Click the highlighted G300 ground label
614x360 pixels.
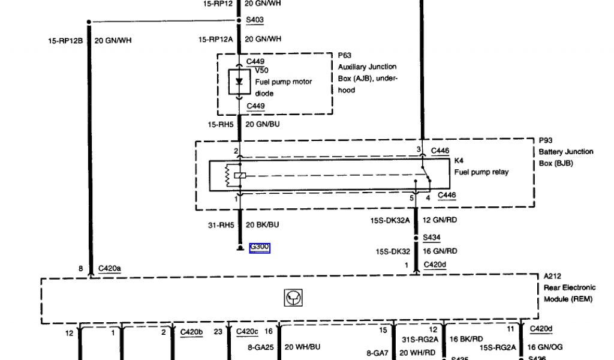260,247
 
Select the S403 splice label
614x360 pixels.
255,20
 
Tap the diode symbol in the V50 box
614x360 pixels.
240,82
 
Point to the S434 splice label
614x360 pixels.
432,237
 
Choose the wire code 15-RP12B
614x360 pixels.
65,41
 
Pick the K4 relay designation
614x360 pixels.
459,161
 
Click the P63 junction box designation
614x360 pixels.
344,55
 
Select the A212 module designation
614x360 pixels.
552,277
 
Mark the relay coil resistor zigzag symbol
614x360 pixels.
227,175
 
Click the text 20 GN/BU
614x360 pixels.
263,124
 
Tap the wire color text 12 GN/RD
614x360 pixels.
440,220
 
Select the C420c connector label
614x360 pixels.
248,331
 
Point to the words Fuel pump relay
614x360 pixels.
481,172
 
